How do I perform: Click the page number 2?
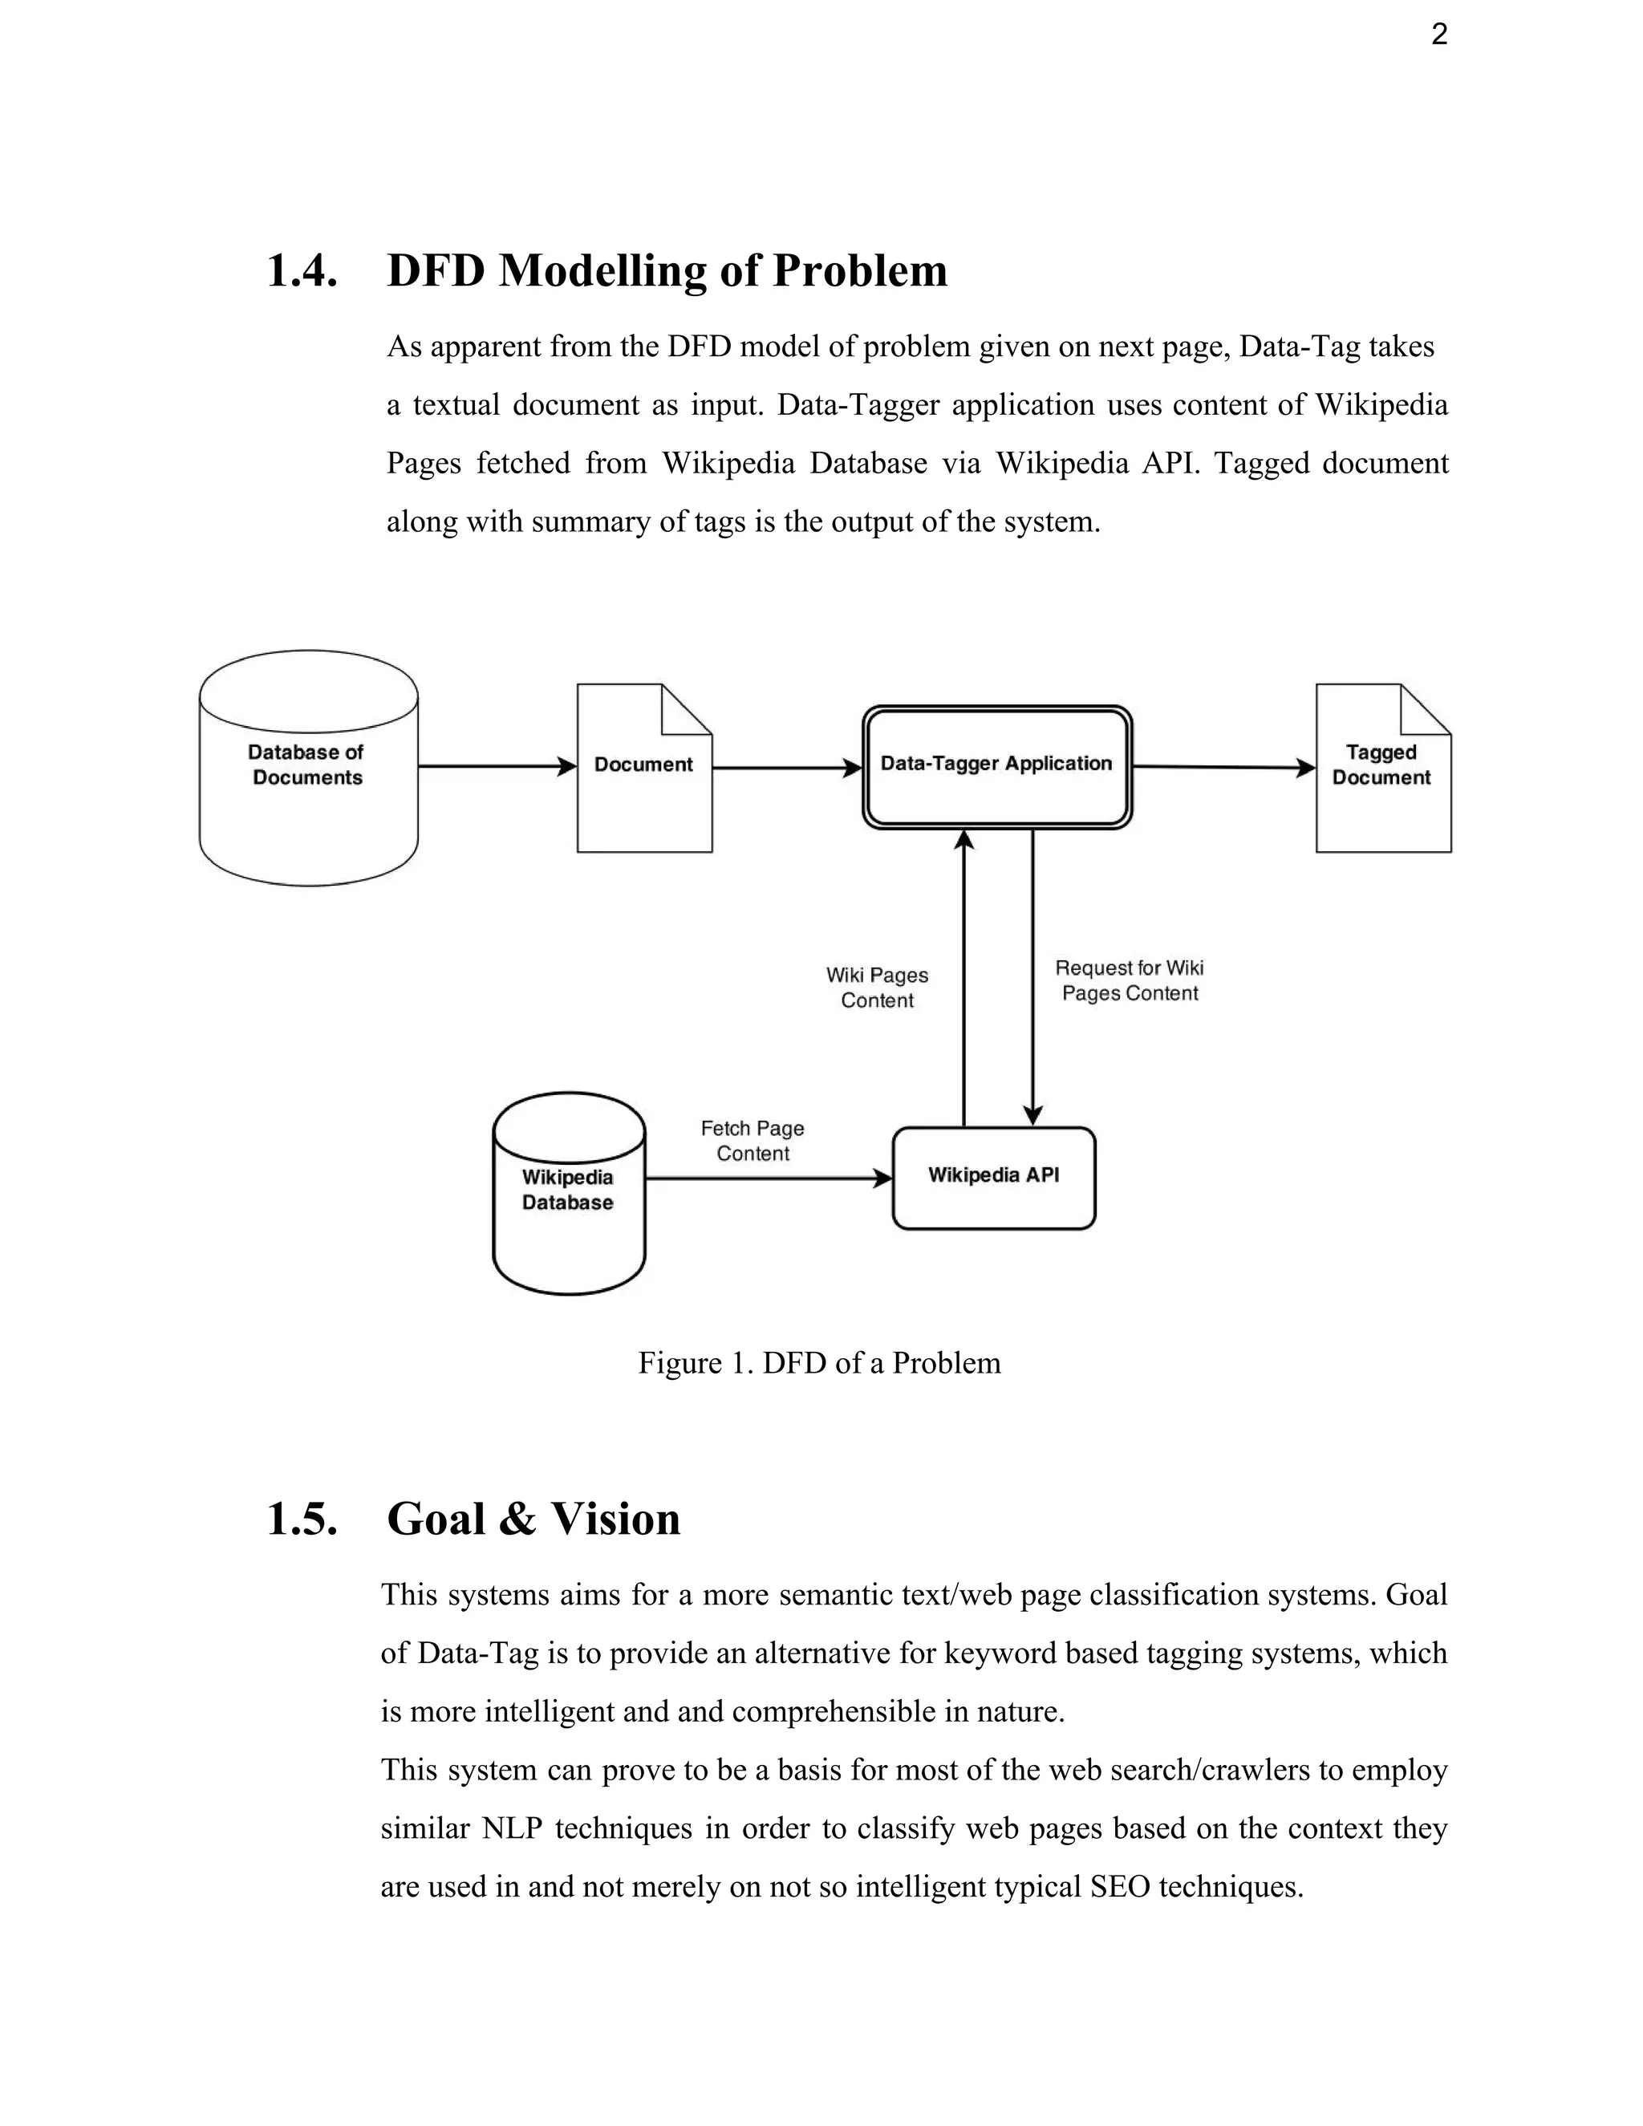tap(1438, 36)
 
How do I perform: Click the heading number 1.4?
tap(302, 270)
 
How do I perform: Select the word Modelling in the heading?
tap(602, 270)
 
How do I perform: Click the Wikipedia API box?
tap(993, 1177)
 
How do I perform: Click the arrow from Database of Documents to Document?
tap(497, 766)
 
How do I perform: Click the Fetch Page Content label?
tap(753, 1141)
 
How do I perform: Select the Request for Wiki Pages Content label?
tap(1129, 980)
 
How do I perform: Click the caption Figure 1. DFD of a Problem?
tap(818, 1362)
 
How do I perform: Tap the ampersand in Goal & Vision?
tap(517, 1519)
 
